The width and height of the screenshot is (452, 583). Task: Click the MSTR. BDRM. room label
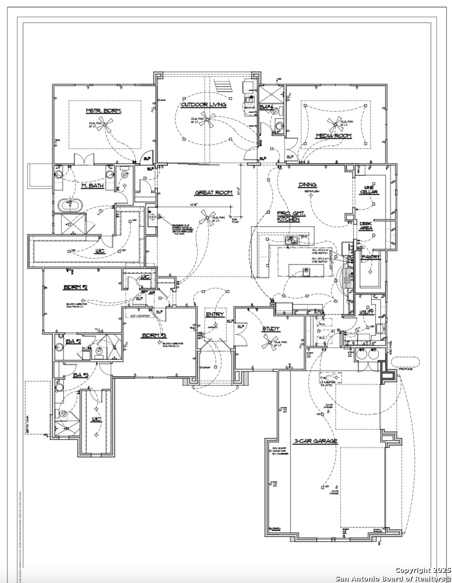104,111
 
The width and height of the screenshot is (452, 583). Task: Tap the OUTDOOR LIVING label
203,104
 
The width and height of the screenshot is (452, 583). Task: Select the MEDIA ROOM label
334,136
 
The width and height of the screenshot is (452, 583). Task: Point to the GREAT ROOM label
214,193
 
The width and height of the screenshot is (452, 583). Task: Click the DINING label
307,185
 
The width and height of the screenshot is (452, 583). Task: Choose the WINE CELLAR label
369,189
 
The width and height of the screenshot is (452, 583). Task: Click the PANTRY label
371,257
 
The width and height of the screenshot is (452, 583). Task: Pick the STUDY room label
271,329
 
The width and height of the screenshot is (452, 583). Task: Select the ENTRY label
215,315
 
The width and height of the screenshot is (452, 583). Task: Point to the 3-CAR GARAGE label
316,441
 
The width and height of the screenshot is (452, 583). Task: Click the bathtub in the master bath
71,206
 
